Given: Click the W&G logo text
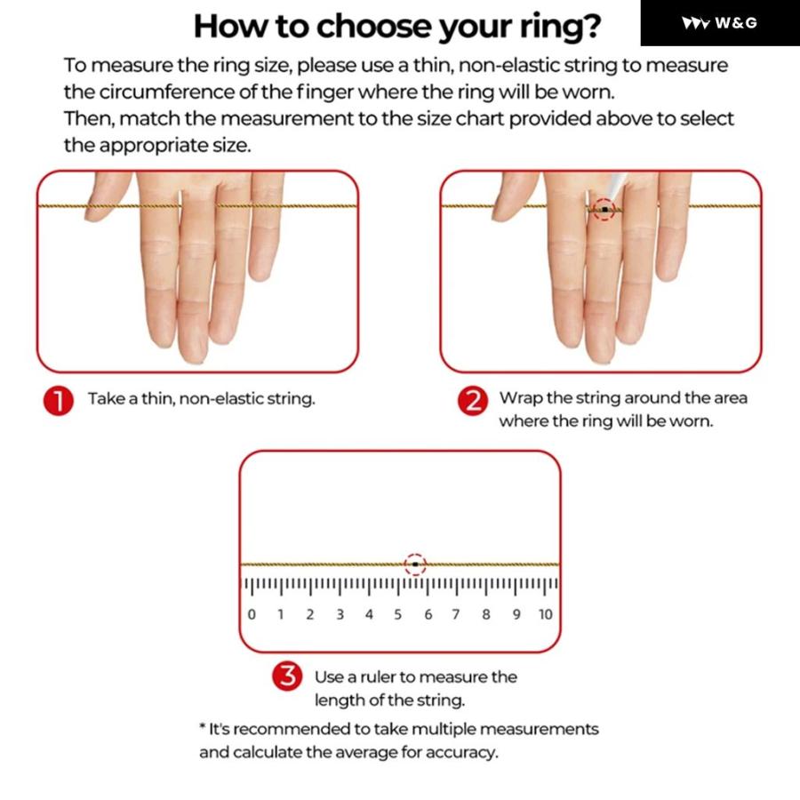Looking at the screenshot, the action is point(736,23).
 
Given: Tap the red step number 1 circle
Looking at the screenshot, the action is point(58,400).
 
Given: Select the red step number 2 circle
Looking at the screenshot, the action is point(473,400).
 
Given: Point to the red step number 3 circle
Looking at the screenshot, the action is point(287,676).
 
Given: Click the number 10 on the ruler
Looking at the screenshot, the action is point(546,614).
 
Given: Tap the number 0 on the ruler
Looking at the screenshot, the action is point(252,614).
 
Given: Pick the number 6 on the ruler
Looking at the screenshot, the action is point(428,614).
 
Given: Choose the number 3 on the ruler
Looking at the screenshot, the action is point(340,614).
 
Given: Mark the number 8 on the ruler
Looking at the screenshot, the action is point(486,614).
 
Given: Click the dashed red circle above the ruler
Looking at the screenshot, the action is point(415,554).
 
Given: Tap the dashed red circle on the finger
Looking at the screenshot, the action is point(604,198).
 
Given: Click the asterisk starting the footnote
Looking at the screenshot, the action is point(203,726).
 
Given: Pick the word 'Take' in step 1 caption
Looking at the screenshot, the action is point(106,398).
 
